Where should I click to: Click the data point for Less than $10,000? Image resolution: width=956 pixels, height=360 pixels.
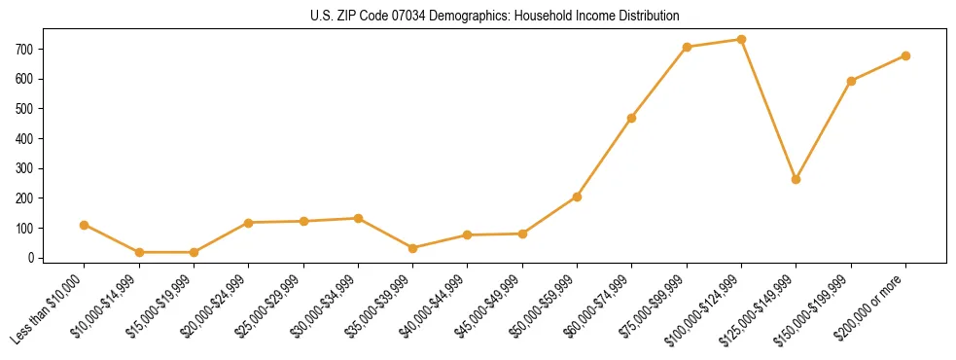[85, 225]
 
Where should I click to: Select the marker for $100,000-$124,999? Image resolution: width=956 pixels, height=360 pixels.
[741, 40]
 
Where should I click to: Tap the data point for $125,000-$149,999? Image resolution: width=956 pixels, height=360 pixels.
[796, 179]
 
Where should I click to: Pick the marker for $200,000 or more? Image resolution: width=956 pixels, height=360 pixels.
[905, 55]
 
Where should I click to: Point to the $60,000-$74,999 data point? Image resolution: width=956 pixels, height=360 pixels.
[632, 118]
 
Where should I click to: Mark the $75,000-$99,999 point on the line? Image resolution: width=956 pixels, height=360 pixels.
[687, 47]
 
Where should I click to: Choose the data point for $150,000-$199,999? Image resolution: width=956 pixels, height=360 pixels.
[851, 81]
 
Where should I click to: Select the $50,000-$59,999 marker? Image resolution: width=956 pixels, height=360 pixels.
[577, 197]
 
